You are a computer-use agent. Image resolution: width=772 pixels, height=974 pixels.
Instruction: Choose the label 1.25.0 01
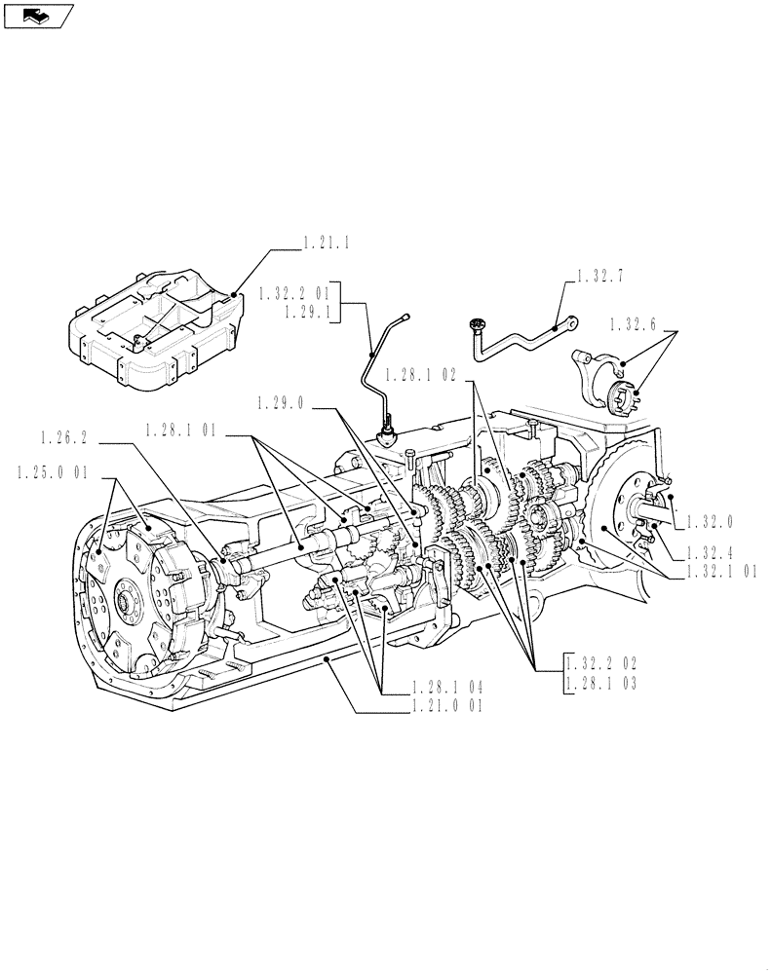(53, 472)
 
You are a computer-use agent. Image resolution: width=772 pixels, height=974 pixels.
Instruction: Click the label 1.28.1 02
(421, 373)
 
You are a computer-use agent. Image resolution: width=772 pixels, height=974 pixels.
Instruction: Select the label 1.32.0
(715, 521)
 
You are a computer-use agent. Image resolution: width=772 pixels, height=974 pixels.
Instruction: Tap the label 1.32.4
(715, 552)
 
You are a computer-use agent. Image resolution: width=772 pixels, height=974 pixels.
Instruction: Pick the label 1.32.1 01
(719, 573)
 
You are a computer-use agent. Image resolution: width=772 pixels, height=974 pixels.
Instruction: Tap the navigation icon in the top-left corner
(38, 15)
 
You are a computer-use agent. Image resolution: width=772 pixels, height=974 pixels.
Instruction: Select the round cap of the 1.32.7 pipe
(478, 324)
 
